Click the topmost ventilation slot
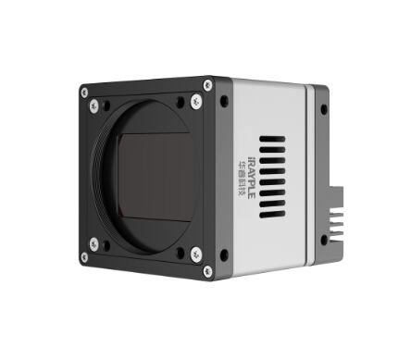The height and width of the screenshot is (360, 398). [272, 139]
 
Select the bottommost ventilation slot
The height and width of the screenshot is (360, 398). [272, 215]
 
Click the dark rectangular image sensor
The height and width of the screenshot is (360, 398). [155, 177]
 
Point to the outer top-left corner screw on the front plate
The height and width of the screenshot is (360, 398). [84, 93]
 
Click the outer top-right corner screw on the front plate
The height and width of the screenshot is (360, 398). [207, 84]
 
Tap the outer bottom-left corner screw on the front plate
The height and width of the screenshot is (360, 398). [84, 257]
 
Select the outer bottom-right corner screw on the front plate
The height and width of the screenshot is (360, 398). [207, 271]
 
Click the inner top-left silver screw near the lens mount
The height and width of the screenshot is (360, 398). [94, 106]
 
